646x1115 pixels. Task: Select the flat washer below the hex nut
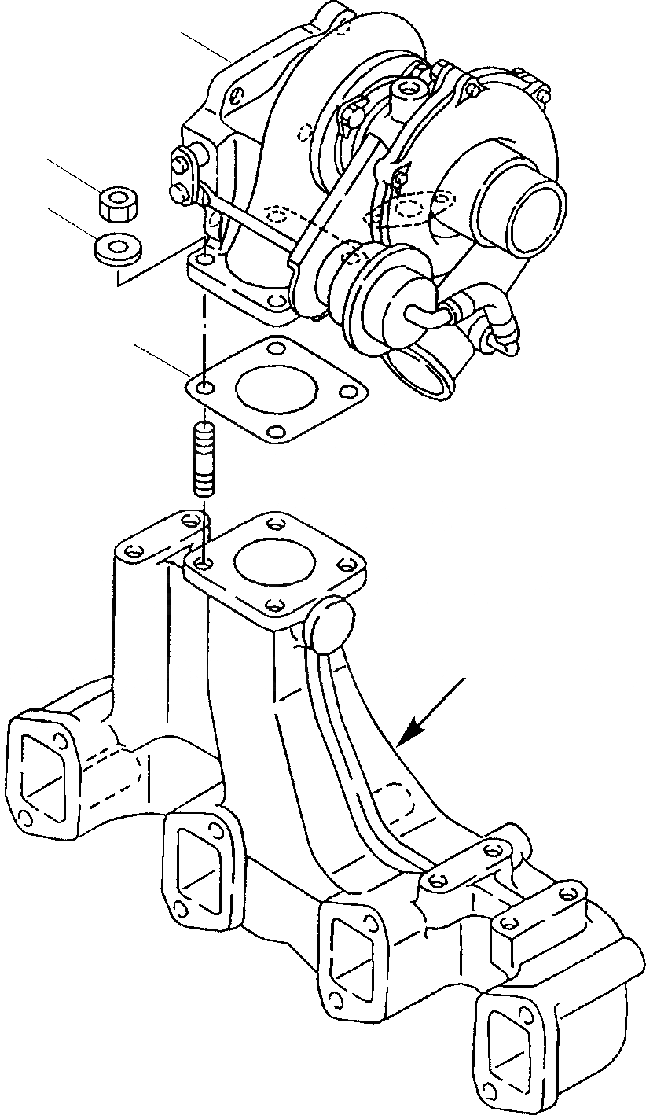click(117, 248)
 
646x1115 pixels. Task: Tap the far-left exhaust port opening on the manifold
click(43, 767)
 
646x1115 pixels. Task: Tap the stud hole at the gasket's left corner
click(204, 388)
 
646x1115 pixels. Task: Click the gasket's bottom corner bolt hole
click(275, 431)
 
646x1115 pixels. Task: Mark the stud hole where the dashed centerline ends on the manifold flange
click(204, 563)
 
